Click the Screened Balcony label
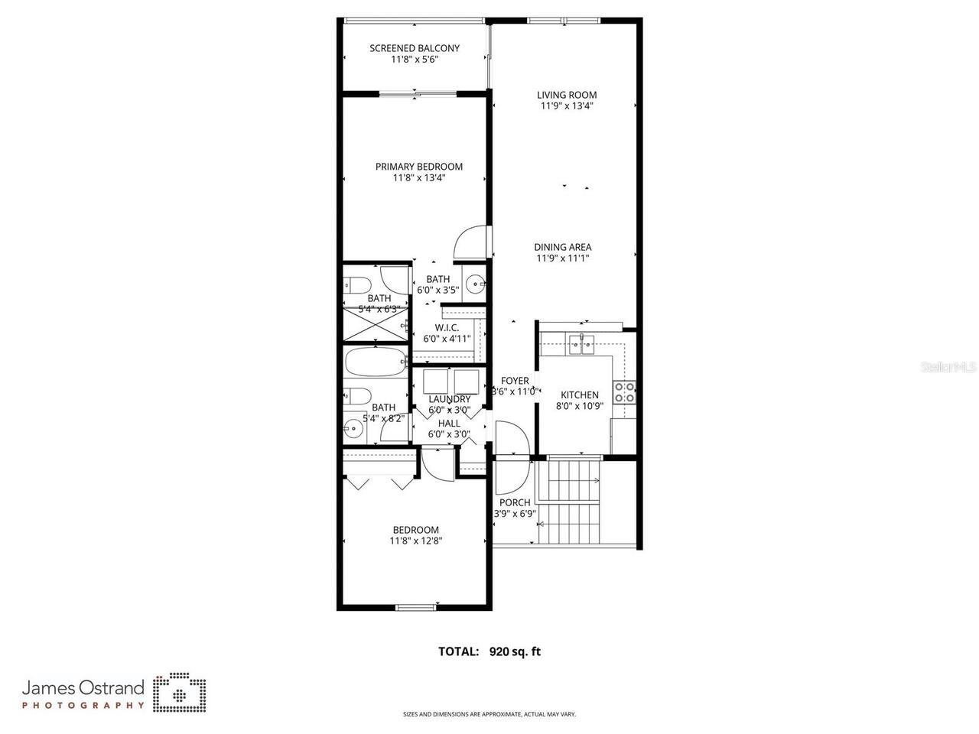415,48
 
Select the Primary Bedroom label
418,167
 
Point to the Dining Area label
562,247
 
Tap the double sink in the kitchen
581,345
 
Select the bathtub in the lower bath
375,362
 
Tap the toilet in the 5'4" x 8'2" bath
358,396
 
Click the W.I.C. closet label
447,327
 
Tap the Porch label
515,502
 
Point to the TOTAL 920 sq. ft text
489,651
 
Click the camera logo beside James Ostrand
180,692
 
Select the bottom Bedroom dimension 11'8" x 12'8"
415,541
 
